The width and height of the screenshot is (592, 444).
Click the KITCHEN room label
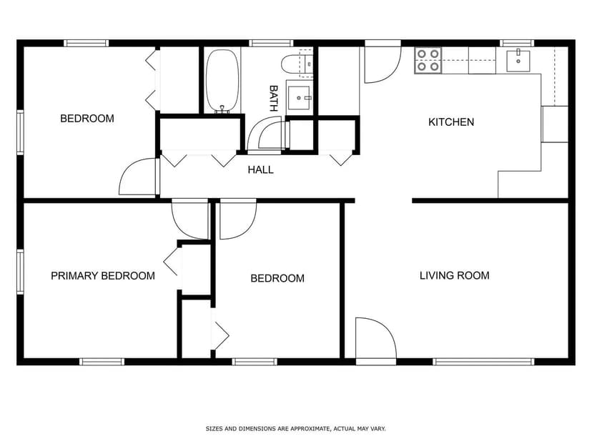tap(450, 122)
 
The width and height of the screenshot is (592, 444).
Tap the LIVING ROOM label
tap(454, 275)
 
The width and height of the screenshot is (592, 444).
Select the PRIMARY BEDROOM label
tap(102, 275)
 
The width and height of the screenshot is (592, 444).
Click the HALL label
tap(260, 170)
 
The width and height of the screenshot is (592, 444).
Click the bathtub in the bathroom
tap(223, 81)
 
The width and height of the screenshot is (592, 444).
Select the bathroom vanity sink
tap(299, 97)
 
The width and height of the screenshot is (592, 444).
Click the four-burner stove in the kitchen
tap(428, 60)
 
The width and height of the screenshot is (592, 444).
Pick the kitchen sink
tap(518, 61)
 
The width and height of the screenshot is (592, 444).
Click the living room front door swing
tap(375, 340)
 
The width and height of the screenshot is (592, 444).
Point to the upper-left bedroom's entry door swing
tap(138, 177)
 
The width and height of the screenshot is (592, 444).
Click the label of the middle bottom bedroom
tap(277, 278)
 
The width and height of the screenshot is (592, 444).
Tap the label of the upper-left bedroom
tap(87, 118)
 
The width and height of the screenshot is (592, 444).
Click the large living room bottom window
tap(483, 362)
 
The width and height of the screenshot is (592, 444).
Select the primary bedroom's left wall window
tap(20, 272)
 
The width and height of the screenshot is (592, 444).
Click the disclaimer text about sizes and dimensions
tap(295, 429)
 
